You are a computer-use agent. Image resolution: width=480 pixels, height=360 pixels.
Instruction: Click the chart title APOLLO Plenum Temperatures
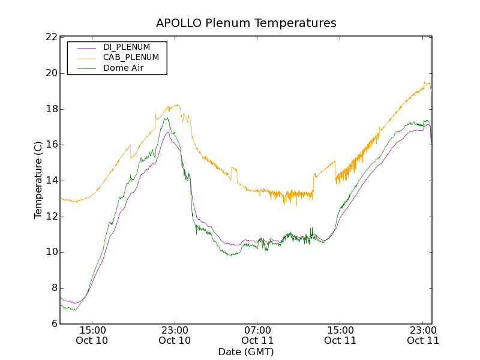coord(246,23)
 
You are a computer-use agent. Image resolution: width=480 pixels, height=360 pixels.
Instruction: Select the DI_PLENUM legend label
coord(127,47)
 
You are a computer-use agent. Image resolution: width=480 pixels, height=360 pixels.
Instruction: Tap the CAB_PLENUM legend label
coord(131,58)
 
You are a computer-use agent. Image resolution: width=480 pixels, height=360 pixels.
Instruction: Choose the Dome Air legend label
coord(124,68)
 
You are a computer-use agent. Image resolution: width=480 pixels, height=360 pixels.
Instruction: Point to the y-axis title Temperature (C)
coord(38,180)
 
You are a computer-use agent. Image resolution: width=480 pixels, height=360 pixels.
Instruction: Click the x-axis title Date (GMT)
coord(246,352)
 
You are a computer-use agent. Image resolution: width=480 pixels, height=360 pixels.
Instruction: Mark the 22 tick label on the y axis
coord(51,37)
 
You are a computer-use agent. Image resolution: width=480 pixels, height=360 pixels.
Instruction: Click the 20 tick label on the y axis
coord(51,73)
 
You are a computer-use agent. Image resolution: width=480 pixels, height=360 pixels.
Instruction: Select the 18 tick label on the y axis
coord(51,109)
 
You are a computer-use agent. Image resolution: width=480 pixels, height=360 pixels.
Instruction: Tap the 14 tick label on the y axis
coord(51,181)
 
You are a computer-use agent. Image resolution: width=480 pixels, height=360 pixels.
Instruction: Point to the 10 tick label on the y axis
coord(51,252)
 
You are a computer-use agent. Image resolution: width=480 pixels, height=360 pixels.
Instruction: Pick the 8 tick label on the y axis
coord(53,288)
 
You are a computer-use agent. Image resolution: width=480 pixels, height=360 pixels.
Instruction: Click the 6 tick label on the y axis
coord(53,324)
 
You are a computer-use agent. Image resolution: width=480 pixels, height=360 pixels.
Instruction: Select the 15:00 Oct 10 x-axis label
coord(92,335)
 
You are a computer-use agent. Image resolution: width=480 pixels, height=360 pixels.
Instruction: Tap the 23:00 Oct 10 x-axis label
coord(175,335)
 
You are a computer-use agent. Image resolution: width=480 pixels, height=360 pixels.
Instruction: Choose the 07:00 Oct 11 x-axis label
coord(257,335)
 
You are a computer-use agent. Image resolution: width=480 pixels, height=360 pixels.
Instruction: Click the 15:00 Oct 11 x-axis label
coord(340,335)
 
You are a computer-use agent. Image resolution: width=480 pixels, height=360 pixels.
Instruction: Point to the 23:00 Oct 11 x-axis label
coord(423,335)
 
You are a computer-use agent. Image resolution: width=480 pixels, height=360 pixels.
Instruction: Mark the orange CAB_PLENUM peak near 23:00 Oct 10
coord(177,105)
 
